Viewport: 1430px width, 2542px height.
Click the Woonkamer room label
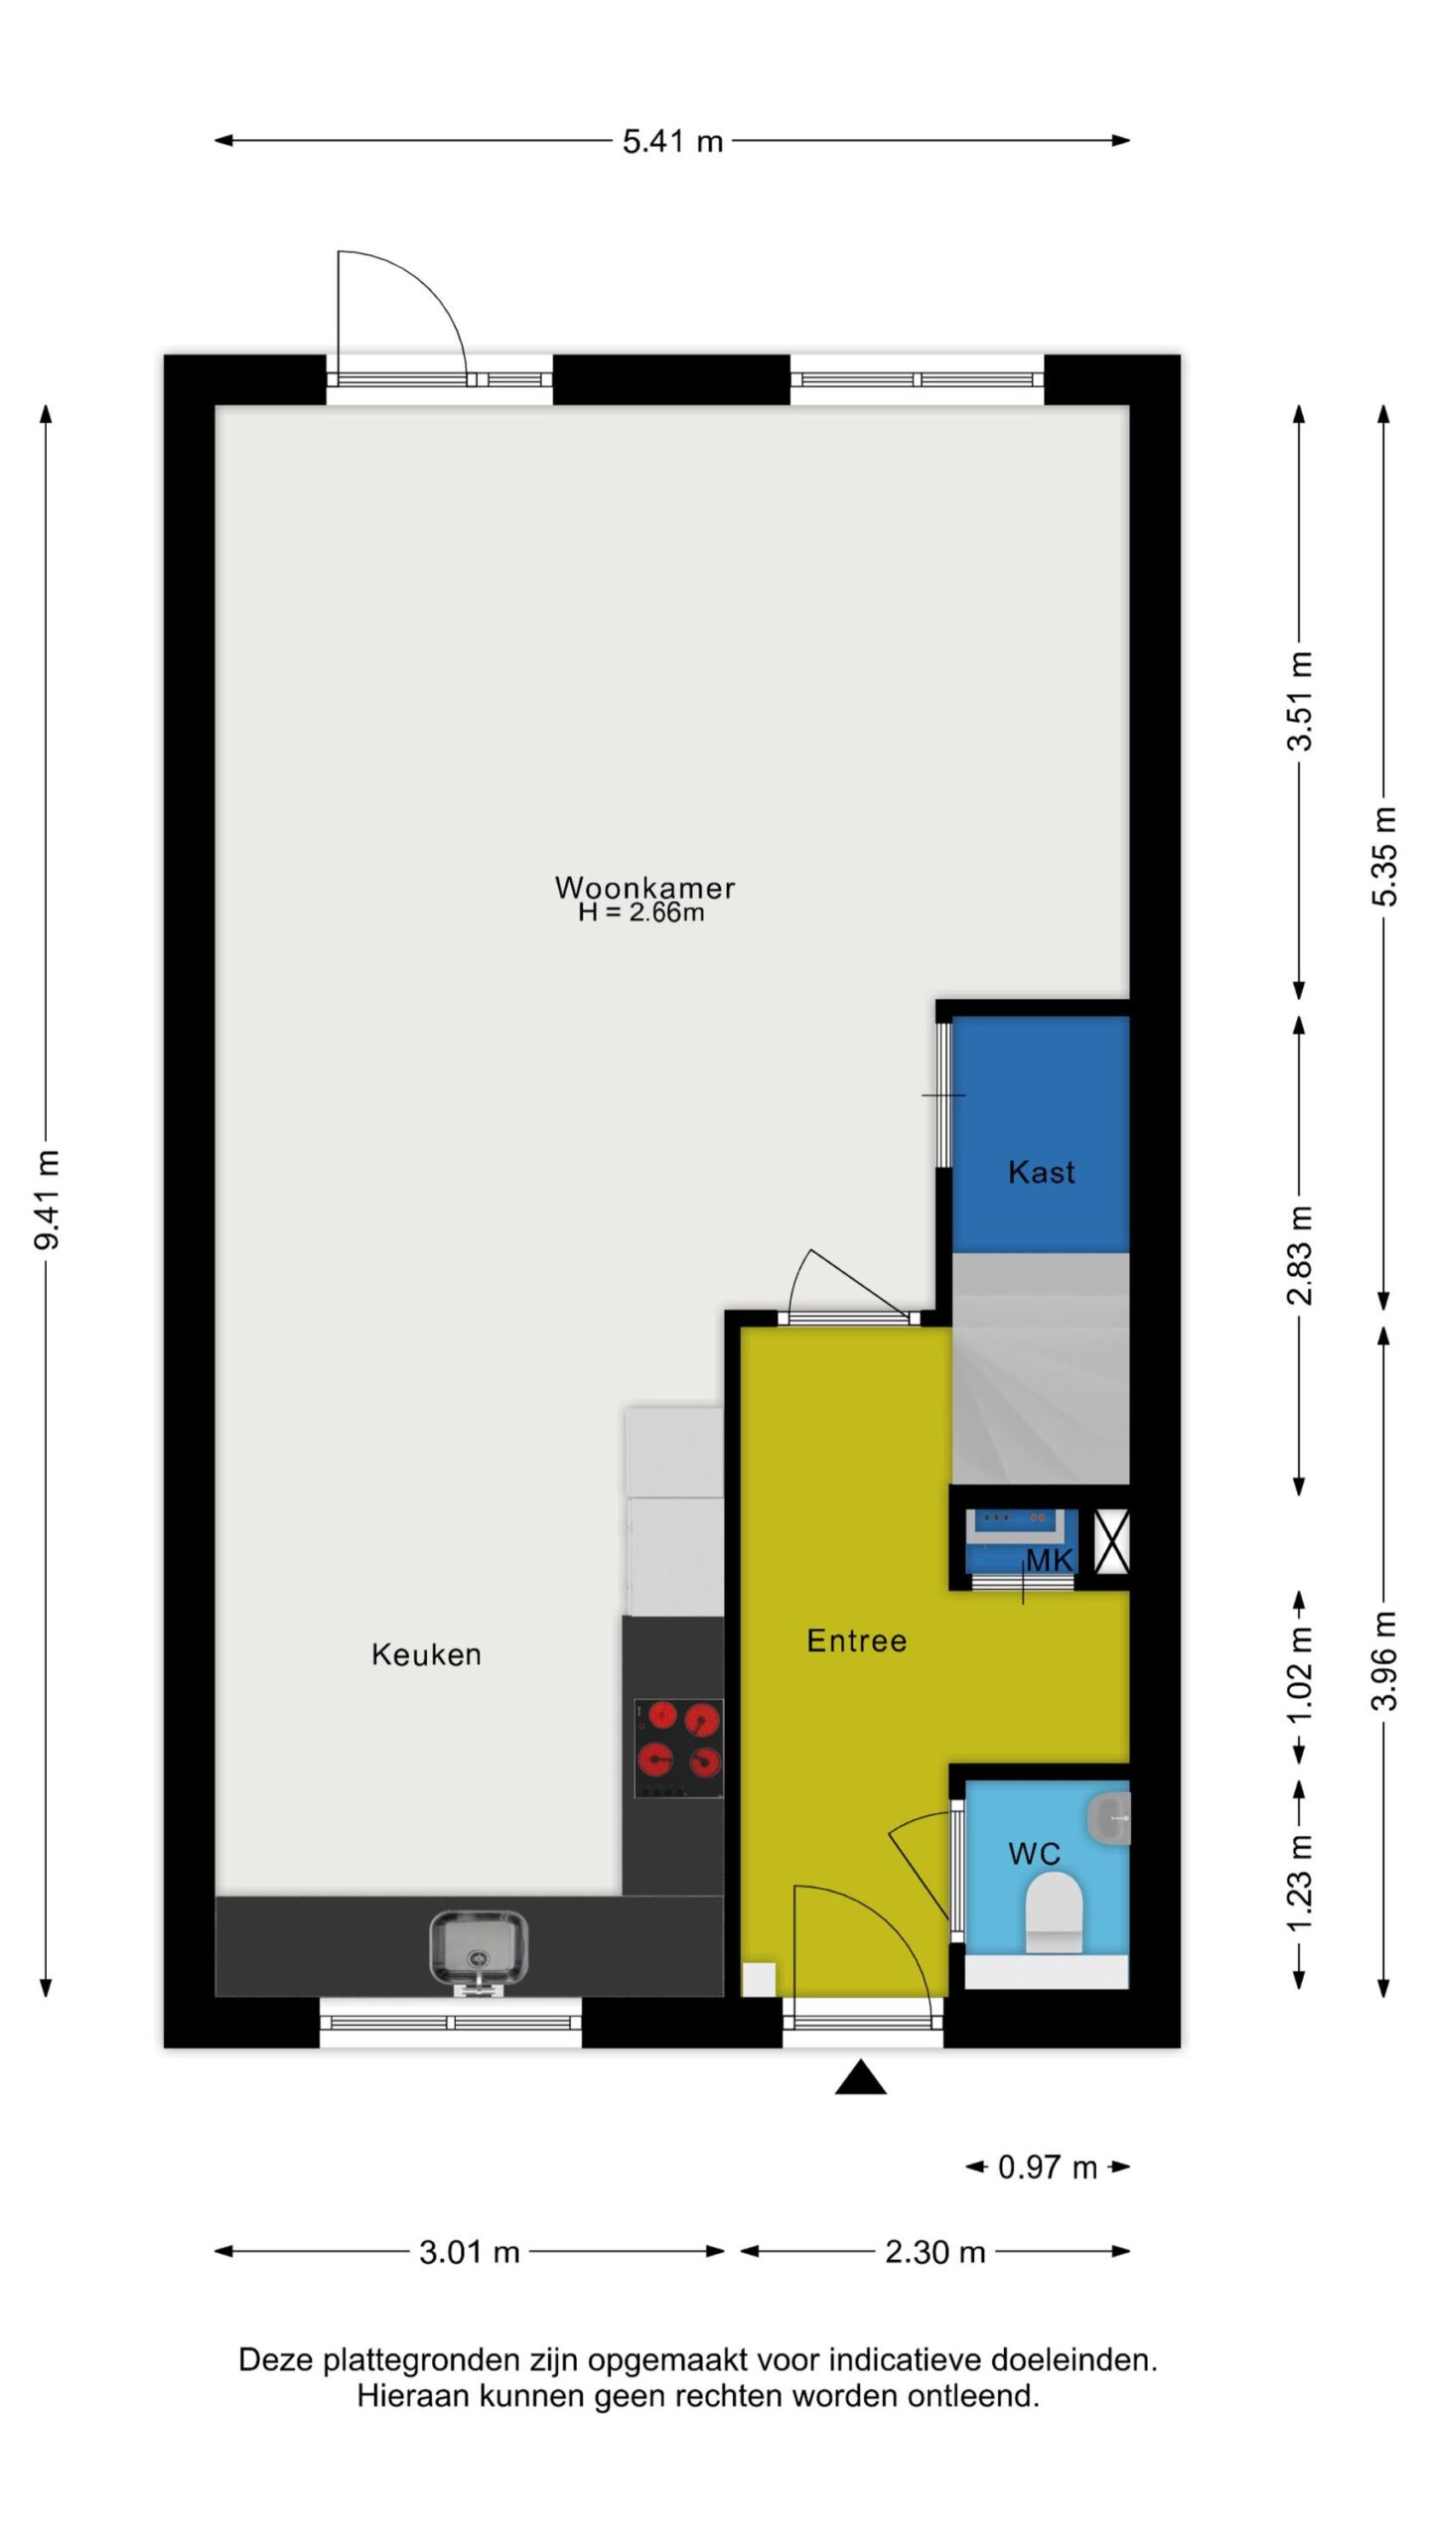(644, 887)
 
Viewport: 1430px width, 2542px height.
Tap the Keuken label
(426, 1654)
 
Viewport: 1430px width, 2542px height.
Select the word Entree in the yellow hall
(856, 1640)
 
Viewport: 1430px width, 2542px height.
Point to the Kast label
(1041, 1172)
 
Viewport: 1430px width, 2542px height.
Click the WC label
(1034, 1853)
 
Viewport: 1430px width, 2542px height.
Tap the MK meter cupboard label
(1050, 1560)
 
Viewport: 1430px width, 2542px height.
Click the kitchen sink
(479, 1951)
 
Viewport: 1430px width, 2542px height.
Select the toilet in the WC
(1053, 1913)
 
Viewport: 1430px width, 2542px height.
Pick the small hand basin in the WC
(1109, 1818)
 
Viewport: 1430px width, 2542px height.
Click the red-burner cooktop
(678, 1748)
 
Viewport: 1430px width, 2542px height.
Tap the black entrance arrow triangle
(860, 2077)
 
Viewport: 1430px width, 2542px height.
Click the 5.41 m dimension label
(672, 141)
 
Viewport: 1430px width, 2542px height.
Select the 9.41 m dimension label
(47, 1200)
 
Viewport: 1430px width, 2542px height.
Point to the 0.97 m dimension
(1048, 2167)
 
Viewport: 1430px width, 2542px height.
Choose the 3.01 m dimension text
(470, 2252)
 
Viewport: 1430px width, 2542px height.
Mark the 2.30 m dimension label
(934, 2252)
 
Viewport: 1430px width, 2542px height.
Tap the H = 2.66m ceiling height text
(642, 913)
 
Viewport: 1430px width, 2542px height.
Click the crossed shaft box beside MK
(1111, 1541)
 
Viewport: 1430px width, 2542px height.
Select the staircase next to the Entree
(1041, 1368)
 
